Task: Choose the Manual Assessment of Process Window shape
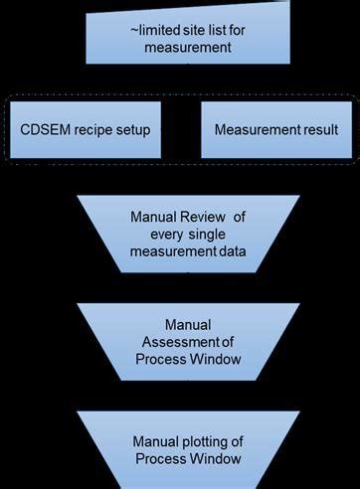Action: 187,341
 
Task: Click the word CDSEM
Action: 46,130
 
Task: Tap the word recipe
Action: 96,130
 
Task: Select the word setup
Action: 142,130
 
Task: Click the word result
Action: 317,130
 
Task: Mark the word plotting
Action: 206,439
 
